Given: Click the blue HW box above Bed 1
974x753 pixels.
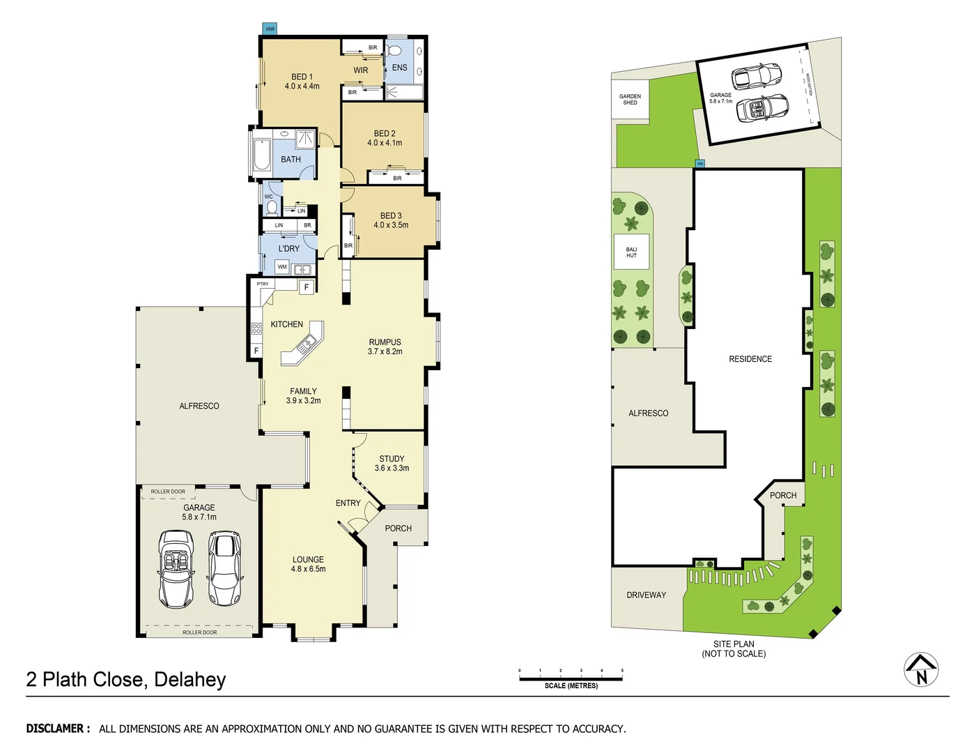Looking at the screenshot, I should pyautogui.click(x=270, y=29).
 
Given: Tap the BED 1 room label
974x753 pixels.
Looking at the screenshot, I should pyautogui.click(x=302, y=82).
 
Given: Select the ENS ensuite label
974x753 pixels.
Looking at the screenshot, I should pyautogui.click(x=399, y=68).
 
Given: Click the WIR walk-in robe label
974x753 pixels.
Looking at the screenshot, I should pyautogui.click(x=361, y=70).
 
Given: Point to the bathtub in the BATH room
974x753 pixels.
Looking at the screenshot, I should pyautogui.click(x=262, y=155).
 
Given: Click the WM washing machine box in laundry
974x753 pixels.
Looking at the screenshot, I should pyautogui.click(x=282, y=267).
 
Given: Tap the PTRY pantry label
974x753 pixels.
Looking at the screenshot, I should pyautogui.click(x=263, y=284).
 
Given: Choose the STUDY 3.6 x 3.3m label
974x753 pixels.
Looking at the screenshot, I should pyautogui.click(x=392, y=464).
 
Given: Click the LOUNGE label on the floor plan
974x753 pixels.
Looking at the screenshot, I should pyautogui.click(x=308, y=564).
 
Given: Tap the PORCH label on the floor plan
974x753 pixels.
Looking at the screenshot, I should pyautogui.click(x=398, y=528).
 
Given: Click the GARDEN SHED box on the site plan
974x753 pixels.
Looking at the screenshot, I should pyautogui.click(x=630, y=100).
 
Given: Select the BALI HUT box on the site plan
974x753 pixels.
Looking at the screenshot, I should pyautogui.click(x=631, y=252).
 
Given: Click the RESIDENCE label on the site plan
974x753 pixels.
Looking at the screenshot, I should pyautogui.click(x=750, y=359).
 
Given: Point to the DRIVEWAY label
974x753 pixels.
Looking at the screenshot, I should pyautogui.click(x=646, y=595).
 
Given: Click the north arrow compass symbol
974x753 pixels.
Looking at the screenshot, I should pyautogui.click(x=921, y=670).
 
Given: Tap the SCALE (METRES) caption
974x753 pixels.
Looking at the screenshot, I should pyautogui.click(x=571, y=686).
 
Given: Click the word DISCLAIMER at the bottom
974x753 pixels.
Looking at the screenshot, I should pyautogui.click(x=58, y=729).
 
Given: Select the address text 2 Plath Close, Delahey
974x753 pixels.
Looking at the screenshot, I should pyautogui.click(x=126, y=680).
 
